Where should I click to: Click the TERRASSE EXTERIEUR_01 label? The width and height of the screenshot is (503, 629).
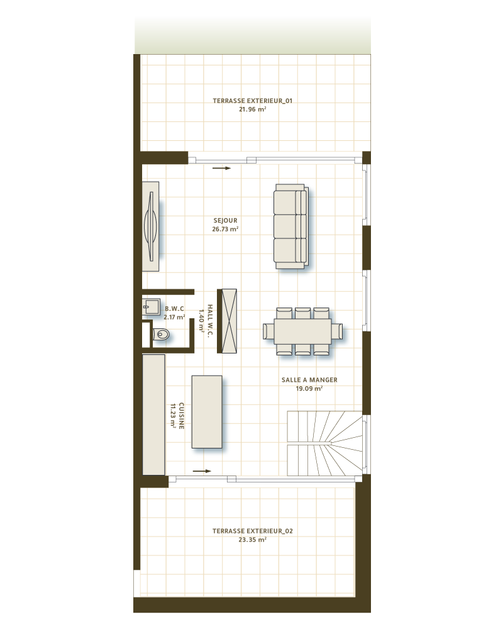(252, 101)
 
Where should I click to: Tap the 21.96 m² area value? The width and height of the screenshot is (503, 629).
(252, 109)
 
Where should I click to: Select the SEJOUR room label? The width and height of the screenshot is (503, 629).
(225, 221)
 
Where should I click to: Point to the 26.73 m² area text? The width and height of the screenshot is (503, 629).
(225, 230)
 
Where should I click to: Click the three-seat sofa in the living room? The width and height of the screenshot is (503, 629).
(290, 227)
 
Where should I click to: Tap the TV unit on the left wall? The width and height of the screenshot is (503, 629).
(150, 226)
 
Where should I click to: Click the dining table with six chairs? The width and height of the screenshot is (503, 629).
(302, 331)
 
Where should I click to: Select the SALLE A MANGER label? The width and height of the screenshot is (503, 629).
(309, 380)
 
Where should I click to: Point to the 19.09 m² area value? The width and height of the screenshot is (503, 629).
(309, 389)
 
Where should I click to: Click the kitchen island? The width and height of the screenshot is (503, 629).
(207, 411)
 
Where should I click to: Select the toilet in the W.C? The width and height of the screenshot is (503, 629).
(161, 335)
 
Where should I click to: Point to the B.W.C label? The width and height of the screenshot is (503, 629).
(174, 309)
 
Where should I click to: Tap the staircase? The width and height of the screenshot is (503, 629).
(324, 443)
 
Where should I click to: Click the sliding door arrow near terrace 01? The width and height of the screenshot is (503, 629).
(222, 169)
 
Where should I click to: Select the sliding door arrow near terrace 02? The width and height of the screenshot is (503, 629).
(202, 470)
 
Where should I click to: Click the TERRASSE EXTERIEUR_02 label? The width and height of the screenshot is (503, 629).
(252, 531)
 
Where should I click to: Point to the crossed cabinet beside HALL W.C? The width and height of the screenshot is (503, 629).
(226, 321)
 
